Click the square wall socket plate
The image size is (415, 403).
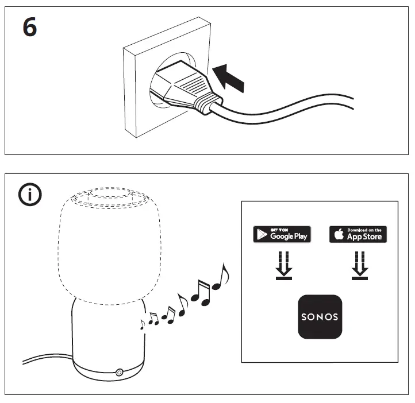138,69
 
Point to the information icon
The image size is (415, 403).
30,196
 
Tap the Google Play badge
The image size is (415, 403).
282,234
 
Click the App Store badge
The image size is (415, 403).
358,234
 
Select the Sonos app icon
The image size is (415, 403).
320,316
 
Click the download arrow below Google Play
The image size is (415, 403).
283,264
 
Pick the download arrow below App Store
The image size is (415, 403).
360,264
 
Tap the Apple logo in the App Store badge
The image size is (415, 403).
339,234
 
